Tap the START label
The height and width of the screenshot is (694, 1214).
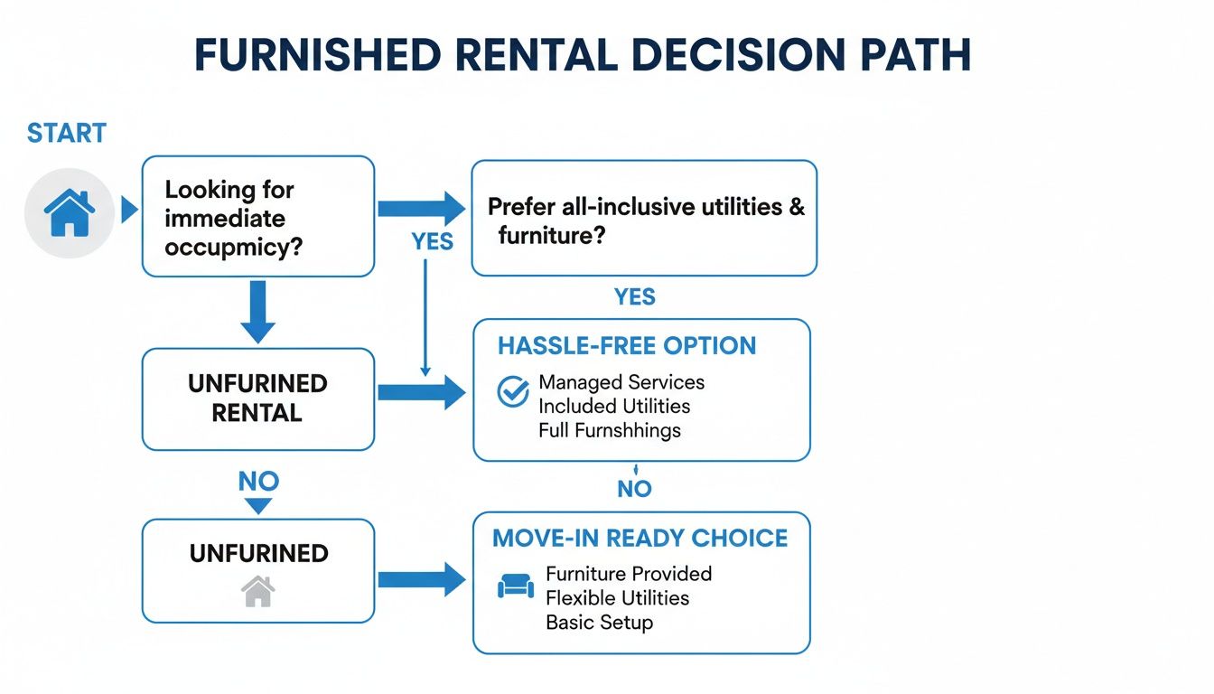[67, 133]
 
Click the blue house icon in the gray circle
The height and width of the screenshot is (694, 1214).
[70, 214]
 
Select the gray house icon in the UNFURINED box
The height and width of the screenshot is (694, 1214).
[257, 592]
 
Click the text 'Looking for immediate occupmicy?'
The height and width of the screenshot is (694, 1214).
[232, 218]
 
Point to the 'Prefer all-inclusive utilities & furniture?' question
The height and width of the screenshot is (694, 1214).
[645, 220]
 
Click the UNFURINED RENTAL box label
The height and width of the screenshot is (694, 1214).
[257, 398]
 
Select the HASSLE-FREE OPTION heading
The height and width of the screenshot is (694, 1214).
[627, 346]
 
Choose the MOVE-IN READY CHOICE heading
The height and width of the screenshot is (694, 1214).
[640, 539]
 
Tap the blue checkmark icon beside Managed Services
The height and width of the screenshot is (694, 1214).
[513, 392]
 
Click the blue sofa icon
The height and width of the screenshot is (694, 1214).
[515, 587]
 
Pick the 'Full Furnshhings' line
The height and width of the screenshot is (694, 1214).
[609, 430]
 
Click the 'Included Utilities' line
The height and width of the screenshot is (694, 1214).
[613, 407]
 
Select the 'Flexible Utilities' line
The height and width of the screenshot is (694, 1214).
[617, 598]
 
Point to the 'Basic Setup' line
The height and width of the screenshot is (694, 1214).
[599, 623]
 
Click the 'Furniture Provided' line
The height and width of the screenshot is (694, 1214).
[629, 574]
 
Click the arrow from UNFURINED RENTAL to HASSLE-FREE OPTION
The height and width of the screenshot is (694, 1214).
[421, 393]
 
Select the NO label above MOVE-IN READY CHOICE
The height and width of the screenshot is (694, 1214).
[634, 489]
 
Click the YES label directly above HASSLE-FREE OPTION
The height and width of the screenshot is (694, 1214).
[634, 297]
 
